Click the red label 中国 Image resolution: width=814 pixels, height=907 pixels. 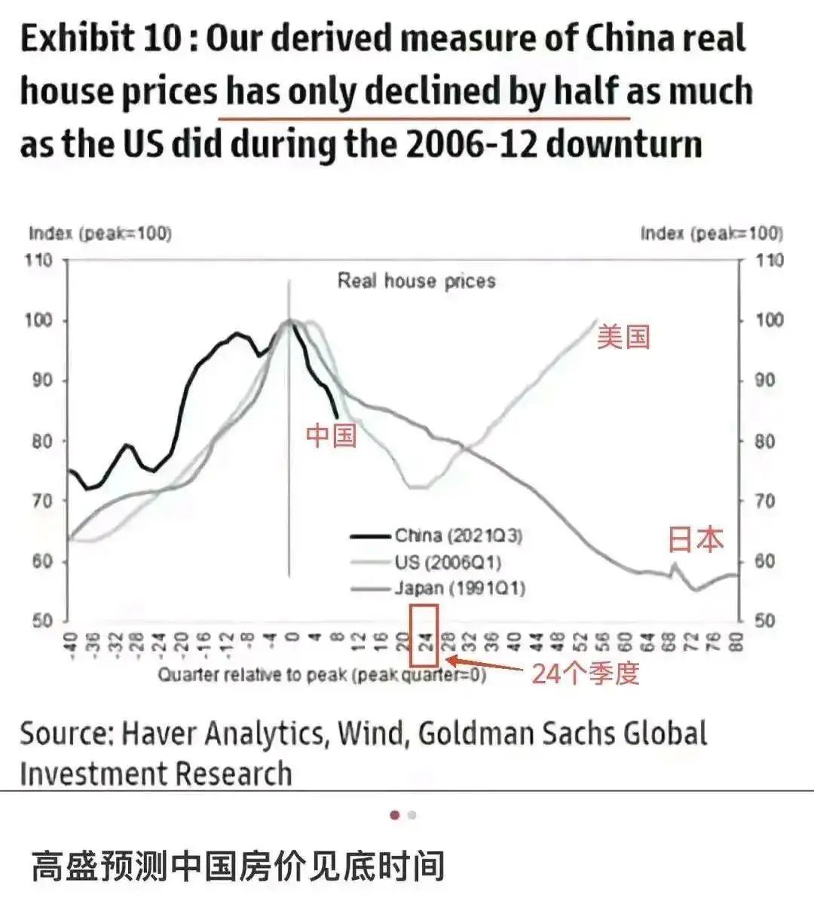click(331, 435)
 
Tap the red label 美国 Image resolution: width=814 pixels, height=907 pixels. click(623, 337)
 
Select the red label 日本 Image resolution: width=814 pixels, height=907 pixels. click(695, 539)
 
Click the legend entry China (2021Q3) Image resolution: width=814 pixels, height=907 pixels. click(458, 536)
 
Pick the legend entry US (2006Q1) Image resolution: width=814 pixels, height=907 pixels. click(448, 562)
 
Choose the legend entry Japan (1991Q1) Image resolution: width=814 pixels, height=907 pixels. click(459, 588)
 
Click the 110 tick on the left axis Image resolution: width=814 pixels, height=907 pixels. click(39, 261)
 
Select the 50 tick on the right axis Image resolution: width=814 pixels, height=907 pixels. click(765, 621)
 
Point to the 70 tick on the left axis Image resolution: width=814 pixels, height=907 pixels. click(41, 501)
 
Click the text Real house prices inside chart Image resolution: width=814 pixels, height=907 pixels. click(416, 282)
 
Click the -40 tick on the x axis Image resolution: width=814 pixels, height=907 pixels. click(69, 643)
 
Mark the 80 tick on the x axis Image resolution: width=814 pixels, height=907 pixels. click(737, 642)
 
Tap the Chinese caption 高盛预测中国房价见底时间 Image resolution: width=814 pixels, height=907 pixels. click(238, 867)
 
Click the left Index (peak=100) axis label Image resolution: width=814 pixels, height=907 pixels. click(100, 234)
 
